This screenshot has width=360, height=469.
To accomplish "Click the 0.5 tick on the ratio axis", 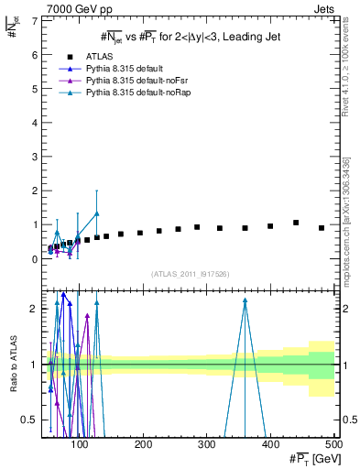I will (x=29, y=420).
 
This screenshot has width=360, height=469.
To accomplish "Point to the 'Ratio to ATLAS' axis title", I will (x=12, y=365).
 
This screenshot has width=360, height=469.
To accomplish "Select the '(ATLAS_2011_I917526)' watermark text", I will (x=190, y=274).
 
